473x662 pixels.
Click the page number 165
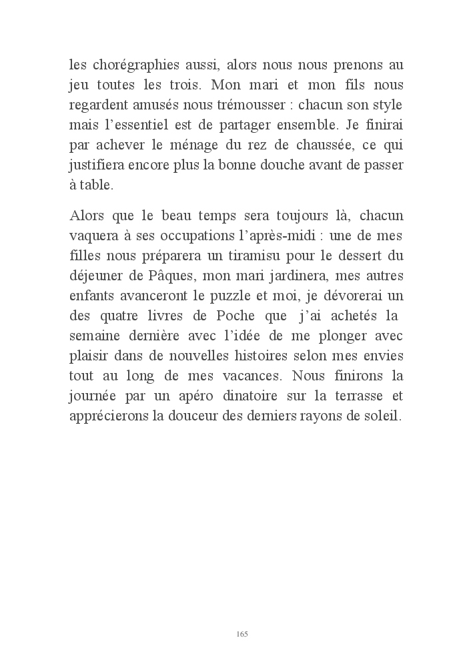coord(242,634)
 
